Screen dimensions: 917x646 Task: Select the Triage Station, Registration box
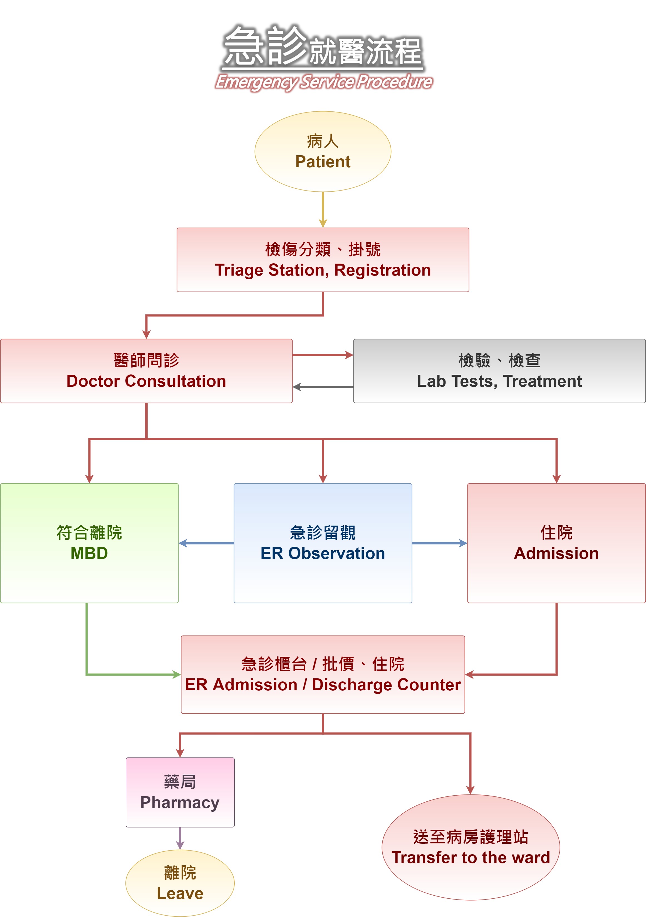coord(323,260)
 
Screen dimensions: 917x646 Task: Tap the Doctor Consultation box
coord(146,371)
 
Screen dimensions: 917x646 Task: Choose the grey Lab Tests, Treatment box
coord(499,371)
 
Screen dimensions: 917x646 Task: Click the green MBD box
coord(89,543)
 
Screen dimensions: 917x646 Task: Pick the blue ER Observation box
coord(323,543)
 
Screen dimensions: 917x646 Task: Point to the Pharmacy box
coord(180,792)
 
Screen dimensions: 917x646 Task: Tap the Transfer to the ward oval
coord(471,847)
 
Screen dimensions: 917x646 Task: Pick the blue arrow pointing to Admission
coord(439,543)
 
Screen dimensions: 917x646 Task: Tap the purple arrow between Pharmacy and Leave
coord(180,838)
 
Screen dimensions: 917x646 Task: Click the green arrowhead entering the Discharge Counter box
coord(176,674)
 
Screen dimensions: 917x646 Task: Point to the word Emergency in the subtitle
coord(256,82)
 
